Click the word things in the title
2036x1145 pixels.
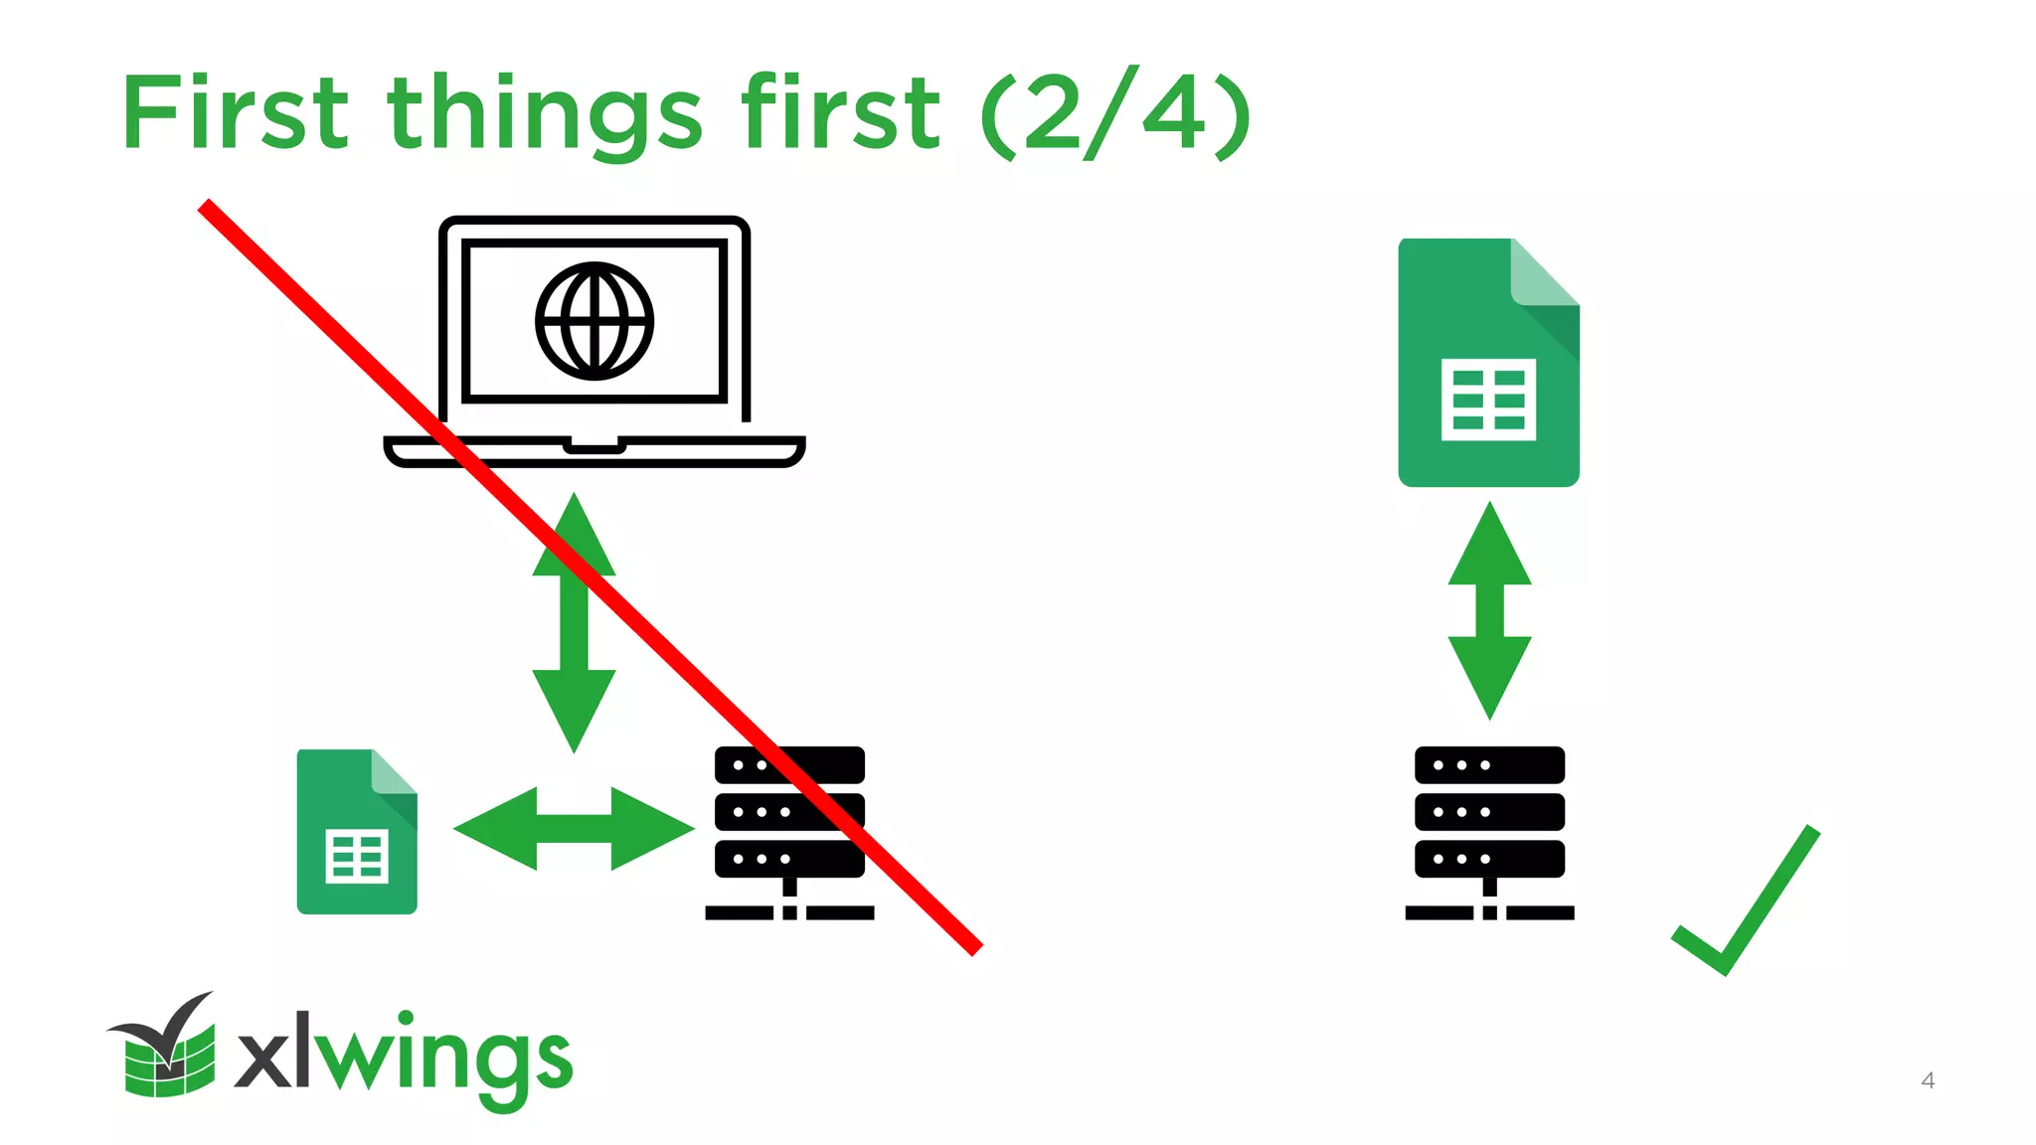pyautogui.click(x=545, y=117)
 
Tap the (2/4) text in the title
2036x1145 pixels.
pyautogui.click(x=1114, y=114)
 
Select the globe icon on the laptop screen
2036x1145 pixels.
pyautogui.click(x=594, y=321)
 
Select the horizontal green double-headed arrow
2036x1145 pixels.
pyautogui.click(x=574, y=828)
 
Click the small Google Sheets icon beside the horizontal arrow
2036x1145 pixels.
pyautogui.click(x=357, y=832)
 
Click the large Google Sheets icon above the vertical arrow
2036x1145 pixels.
pyautogui.click(x=1487, y=363)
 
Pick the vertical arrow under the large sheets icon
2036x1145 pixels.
pyautogui.click(x=1489, y=610)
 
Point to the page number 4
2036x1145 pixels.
pyautogui.click(x=1928, y=1080)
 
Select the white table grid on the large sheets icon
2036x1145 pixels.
pyautogui.click(x=1488, y=400)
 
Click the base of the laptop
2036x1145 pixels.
pyautogui.click(x=594, y=452)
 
